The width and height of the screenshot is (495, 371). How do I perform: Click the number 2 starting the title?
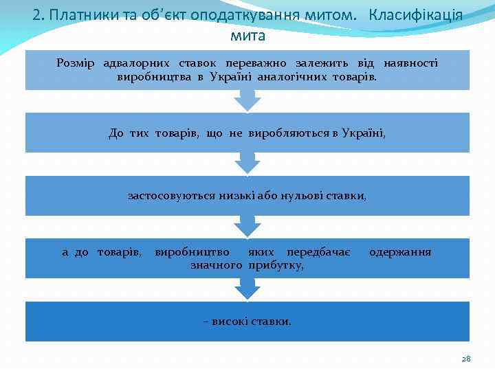pyautogui.click(x=36, y=15)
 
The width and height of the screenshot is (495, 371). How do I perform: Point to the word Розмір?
pyautogui.click(x=76, y=63)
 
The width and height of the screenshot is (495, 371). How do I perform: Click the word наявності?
pyautogui.click(x=410, y=63)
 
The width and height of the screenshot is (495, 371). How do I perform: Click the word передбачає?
pyautogui.click(x=319, y=252)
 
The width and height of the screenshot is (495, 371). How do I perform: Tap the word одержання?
pyautogui.click(x=400, y=252)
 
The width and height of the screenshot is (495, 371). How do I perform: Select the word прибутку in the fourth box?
pyautogui.click(x=277, y=265)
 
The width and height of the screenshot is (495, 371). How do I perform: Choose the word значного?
pyautogui.click(x=217, y=265)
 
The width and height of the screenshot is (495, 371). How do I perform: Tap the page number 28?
pyautogui.click(x=466, y=359)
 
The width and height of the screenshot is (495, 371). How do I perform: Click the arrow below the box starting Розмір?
pyautogui.click(x=247, y=101)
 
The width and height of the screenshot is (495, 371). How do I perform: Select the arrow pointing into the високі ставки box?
pyautogui.click(x=247, y=290)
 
